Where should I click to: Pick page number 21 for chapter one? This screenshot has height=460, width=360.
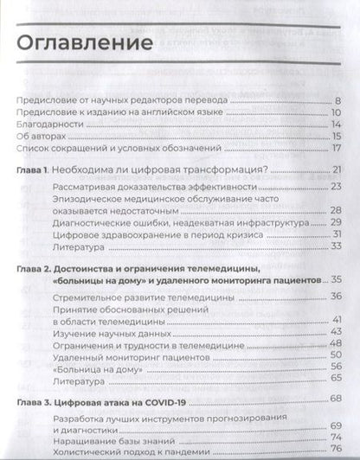pyautogui.click(x=338, y=169)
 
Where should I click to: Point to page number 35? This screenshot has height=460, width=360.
pyautogui.click(x=338, y=280)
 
